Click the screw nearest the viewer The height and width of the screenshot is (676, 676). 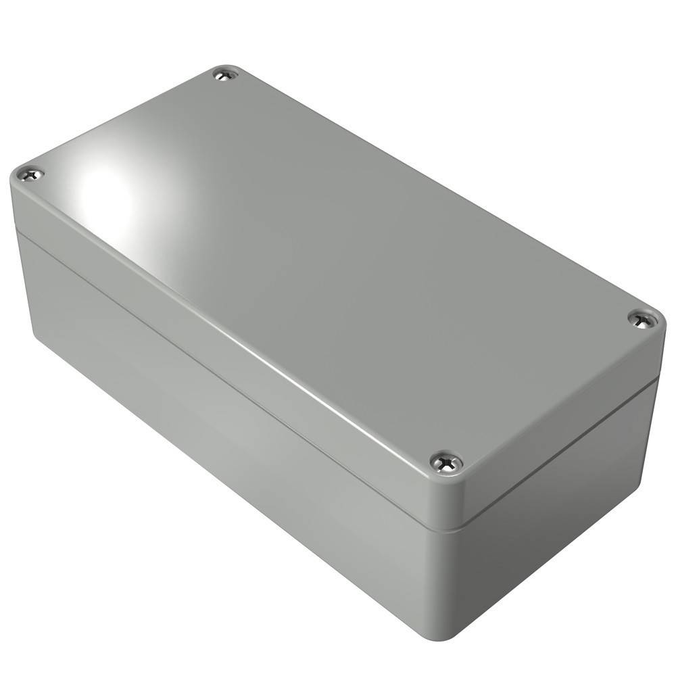(x=446, y=462)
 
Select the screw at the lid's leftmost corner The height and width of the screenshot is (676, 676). (x=30, y=175)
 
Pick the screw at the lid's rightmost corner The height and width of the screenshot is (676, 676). (x=643, y=319)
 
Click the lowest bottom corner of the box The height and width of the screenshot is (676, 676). (x=433, y=632)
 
